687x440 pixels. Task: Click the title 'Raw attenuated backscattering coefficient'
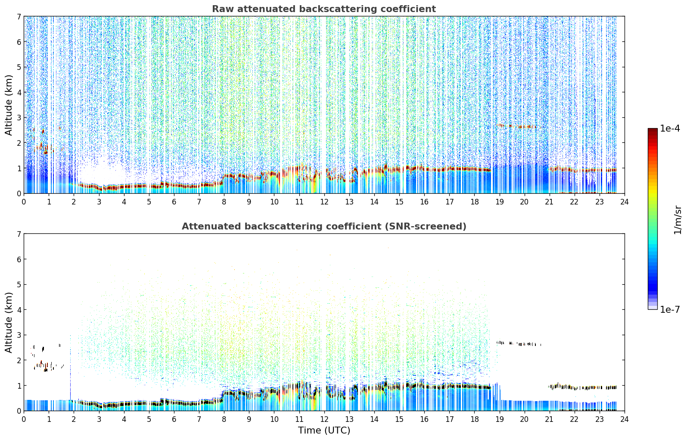click(x=324, y=9)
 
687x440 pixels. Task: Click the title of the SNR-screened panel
click(x=324, y=226)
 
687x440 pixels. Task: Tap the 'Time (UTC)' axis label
click(x=324, y=431)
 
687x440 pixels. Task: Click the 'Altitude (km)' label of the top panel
click(x=9, y=105)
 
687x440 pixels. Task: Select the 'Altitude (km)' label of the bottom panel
click(x=9, y=322)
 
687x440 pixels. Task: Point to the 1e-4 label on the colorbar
click(x=670, y=129)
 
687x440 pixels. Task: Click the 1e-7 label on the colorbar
click(x=670, y=309)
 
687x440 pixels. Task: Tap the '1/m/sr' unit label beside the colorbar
click(x=678, y=220)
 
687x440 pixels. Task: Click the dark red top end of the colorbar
click(x=653, y=130)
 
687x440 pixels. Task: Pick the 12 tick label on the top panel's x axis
click(x=324, y=202)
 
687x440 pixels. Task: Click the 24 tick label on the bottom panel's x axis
click(x=625, y=419)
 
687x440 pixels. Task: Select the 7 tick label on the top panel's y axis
click(x=19, y=16)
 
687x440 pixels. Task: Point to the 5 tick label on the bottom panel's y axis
click(x=19, y=285)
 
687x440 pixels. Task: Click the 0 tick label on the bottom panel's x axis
click(x=24, y=419)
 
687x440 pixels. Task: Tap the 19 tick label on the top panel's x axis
click(x=499, y=202)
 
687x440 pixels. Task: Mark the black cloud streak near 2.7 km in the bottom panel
click(x=518, y=343)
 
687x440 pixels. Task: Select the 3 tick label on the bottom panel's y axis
click(x=19, y=335)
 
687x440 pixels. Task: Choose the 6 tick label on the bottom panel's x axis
click(x=174, y=419)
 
